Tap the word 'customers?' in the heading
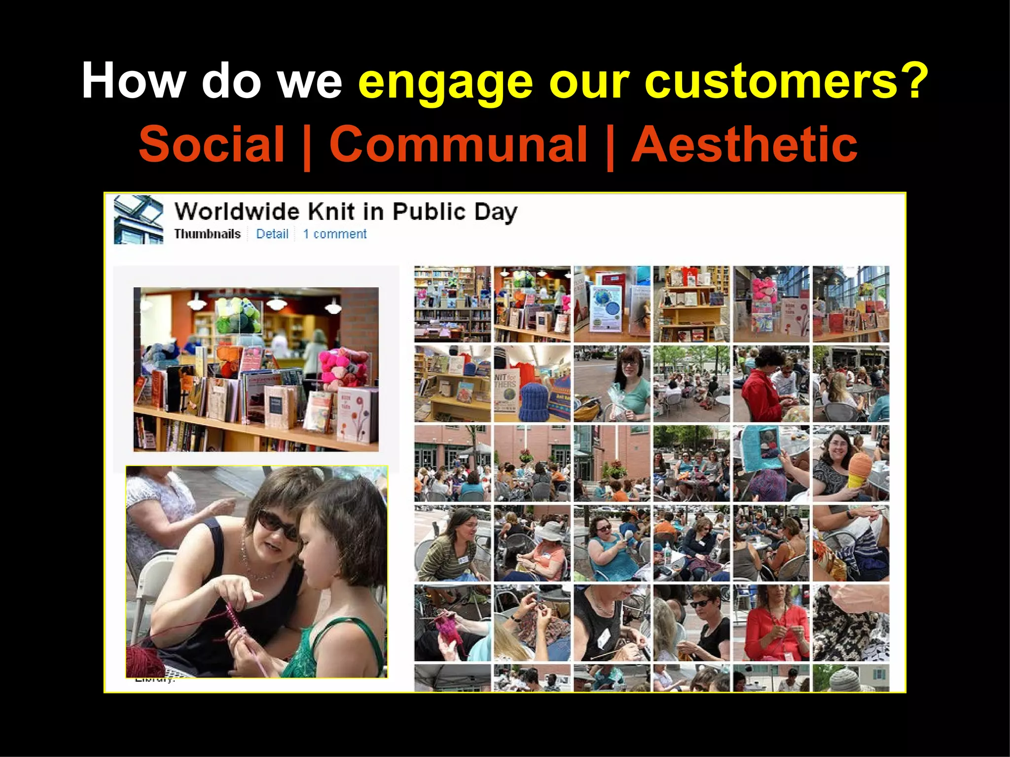click(x=786, y=81)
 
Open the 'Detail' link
click(x=272, y=234)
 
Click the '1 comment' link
click(x=334, y=234)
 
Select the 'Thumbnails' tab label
click(x=207, y=234)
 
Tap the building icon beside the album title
click(x=139, y=219)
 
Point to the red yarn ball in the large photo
click(x=145, y=660)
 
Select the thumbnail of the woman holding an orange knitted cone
click(x=851, y=463)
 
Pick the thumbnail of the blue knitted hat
click(x=532, y=384)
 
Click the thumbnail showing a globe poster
click(x=612, y=304)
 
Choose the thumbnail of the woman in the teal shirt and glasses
click(x=612, y=384)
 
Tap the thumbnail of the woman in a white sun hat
click(x=532, y=543)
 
